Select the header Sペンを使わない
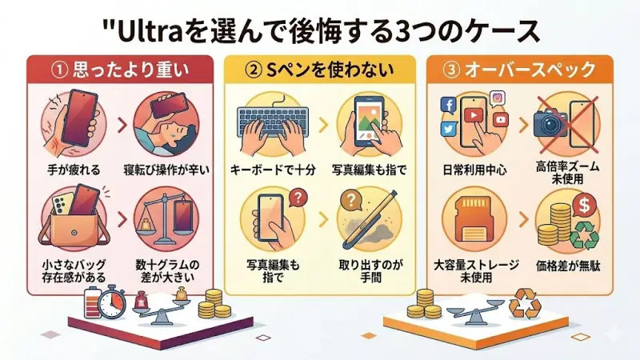[320, 70]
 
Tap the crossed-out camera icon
[551, 121]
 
